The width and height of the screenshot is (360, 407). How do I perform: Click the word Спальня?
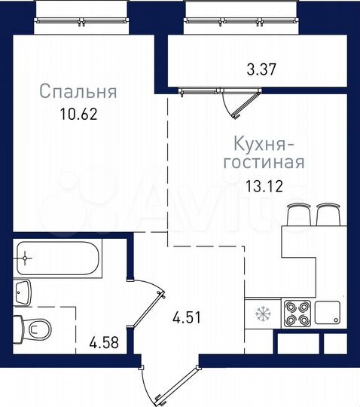pos(78,93)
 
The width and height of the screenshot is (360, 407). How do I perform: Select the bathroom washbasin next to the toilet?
pos(22,290)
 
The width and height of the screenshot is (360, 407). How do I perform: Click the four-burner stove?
pos(295,312)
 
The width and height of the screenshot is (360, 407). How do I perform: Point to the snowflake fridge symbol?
pos(262,312)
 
